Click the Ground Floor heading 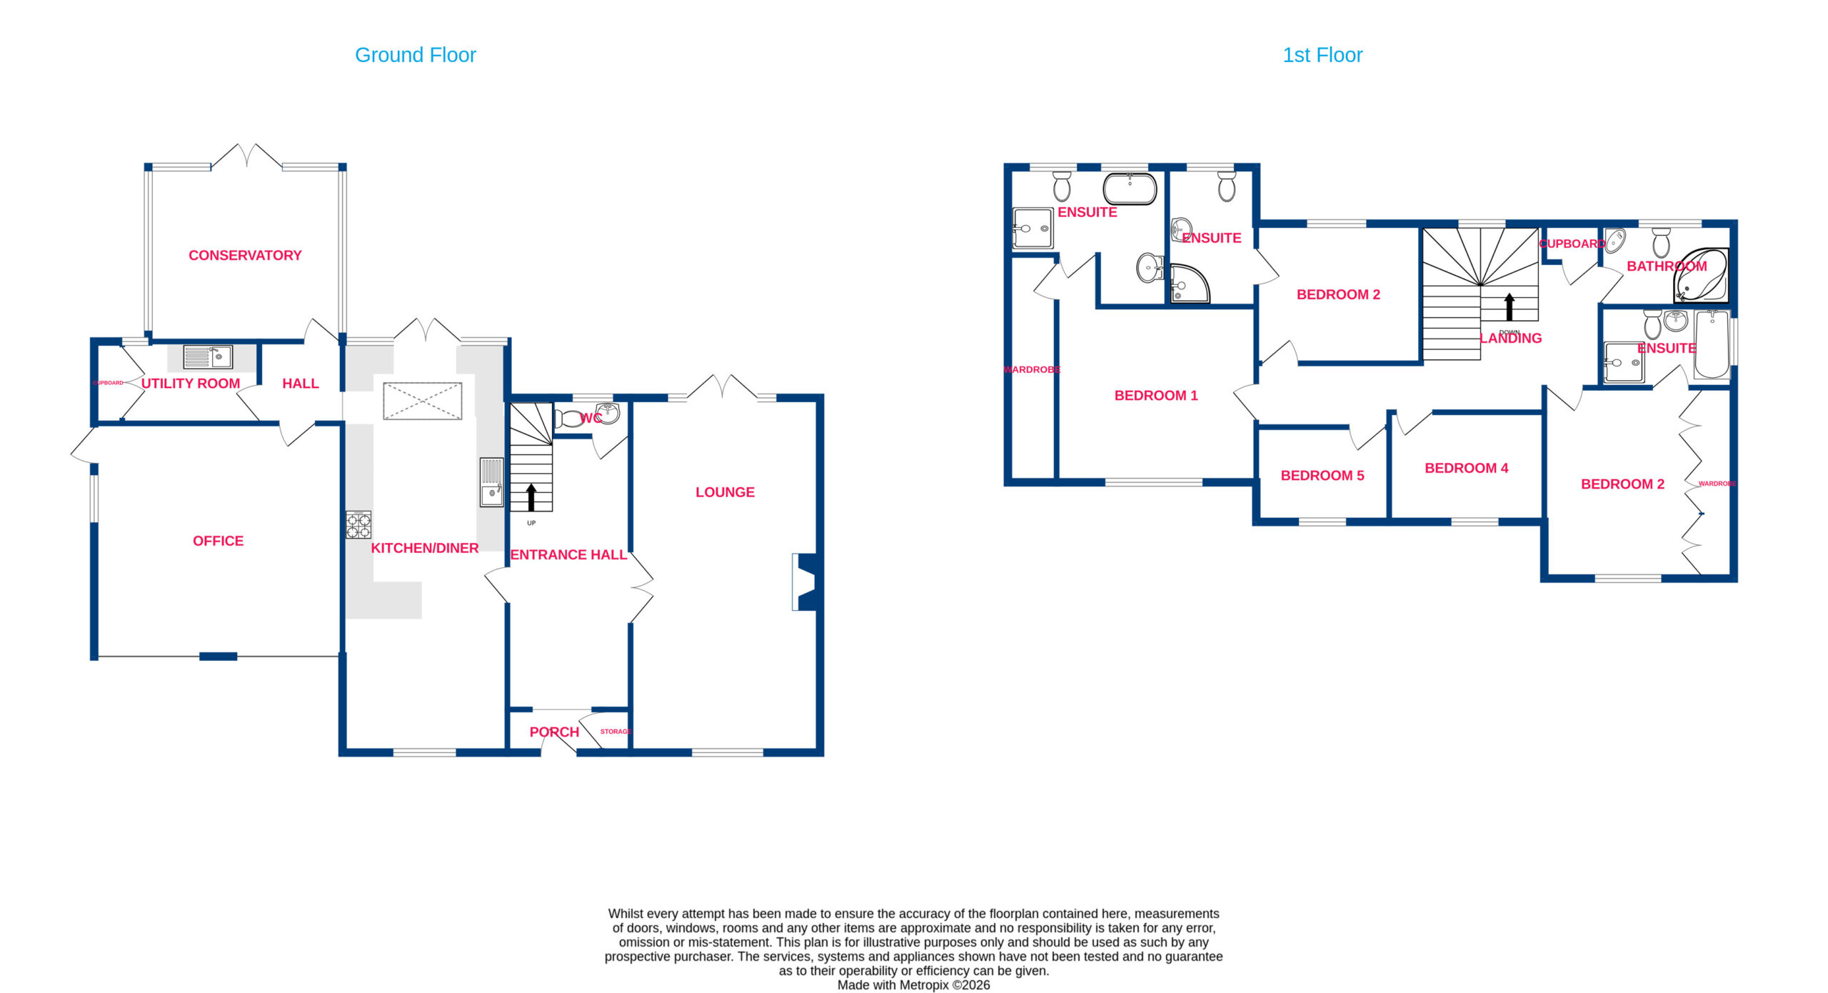415,55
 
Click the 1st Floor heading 1322,55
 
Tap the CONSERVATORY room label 245,255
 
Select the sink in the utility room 208,356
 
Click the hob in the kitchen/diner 358,524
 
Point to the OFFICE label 218,541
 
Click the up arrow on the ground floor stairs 531,497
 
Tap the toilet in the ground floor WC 568,418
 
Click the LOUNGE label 725,492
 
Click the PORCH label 554,732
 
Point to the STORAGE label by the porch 616,732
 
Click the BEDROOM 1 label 1156,395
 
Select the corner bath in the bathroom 1701,275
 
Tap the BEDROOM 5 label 1322,475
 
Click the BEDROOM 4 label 1467,468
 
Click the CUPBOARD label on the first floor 1572,244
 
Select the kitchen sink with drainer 492,482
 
